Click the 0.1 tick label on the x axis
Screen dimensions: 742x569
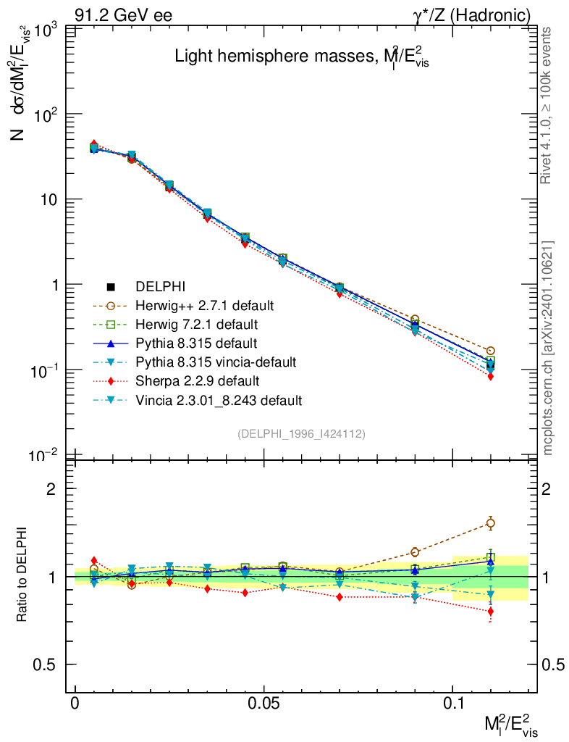[452, 704]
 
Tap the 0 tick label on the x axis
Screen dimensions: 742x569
[75, 704]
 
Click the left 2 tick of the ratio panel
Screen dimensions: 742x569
[51, 488]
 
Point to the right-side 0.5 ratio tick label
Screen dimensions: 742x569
[554, 664]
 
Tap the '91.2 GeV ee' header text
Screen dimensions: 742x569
[123, 14]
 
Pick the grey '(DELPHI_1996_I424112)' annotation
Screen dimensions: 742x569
[300, 433]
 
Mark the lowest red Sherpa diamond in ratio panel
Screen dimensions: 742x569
[490, 611]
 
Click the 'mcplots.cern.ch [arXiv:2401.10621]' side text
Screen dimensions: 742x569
[548, 348]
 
